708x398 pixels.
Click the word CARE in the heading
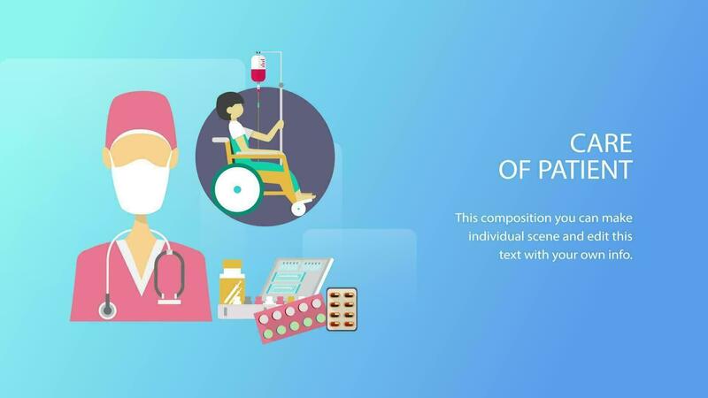tap(601, 143)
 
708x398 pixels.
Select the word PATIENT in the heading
tap(585, 170)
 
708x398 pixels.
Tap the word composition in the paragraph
tap(516, 218)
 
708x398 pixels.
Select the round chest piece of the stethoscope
tap(107, 310)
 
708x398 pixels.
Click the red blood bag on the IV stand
tap(258, 69)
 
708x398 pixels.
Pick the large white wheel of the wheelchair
tap(237, 189)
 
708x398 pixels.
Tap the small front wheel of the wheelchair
tap(298, 209)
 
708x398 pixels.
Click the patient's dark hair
tap(227, 106)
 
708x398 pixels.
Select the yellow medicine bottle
tap(232, 283)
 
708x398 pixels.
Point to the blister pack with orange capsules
tap(342, 309)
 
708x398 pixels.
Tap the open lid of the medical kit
tap(298, 277)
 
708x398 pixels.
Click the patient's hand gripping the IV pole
tap(280, 123)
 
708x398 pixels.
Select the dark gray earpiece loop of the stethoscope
tap(169, 274)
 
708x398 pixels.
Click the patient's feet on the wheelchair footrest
tap(305, 196)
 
